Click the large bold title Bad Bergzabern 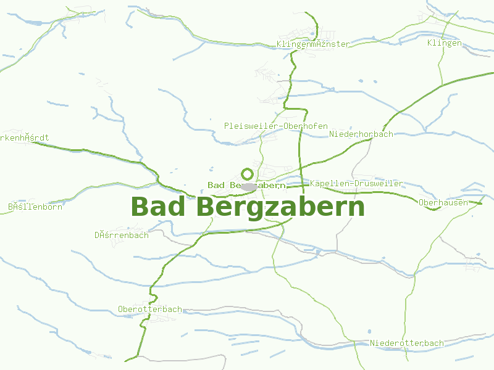pyautogui.click(x=248, y=207)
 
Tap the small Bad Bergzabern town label pyautogui.click(x=246, y=185)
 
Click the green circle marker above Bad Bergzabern pyautogui.click(x=247, y=174)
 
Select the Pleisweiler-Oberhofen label pyautogui.click(x=275, y=126)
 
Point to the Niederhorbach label pyautogui.click(x=361, y=134)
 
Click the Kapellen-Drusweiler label pyautogui.click(x=356, y=183)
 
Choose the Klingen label pyautogui.click(x=444, y=43)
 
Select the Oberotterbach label pyautogui.click(x=150, y=309)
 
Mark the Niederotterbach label pyautogui.click(x=407, y=343)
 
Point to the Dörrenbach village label pyautogui.click(x=122, y=235)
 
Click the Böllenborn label pyautogui.click(x=35, y=207)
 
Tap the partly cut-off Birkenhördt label pyautogui.click(x=23, y=138)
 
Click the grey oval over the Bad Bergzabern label pyautogui.click(x=249, y=186)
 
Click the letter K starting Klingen pyautogui.click(x=430, y=43)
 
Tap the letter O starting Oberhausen pyautogui.click(x=421, y=202)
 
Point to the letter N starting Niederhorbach pyautogui.click(x=332, y=134)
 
